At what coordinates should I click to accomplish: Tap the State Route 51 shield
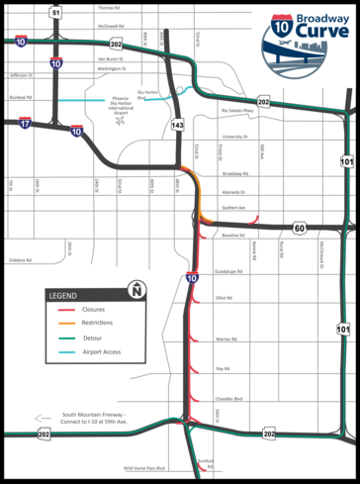click(56, 12)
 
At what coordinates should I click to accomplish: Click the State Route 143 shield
click(177, 126)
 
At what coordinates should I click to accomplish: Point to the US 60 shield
click(299, 228)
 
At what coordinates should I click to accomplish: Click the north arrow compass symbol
click(135, 291)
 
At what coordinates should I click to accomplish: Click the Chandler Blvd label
click(230, 399)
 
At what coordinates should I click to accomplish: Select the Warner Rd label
click(225, 339)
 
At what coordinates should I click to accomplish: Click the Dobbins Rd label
click(20, 261)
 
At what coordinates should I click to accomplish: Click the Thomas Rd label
click(109, 7)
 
